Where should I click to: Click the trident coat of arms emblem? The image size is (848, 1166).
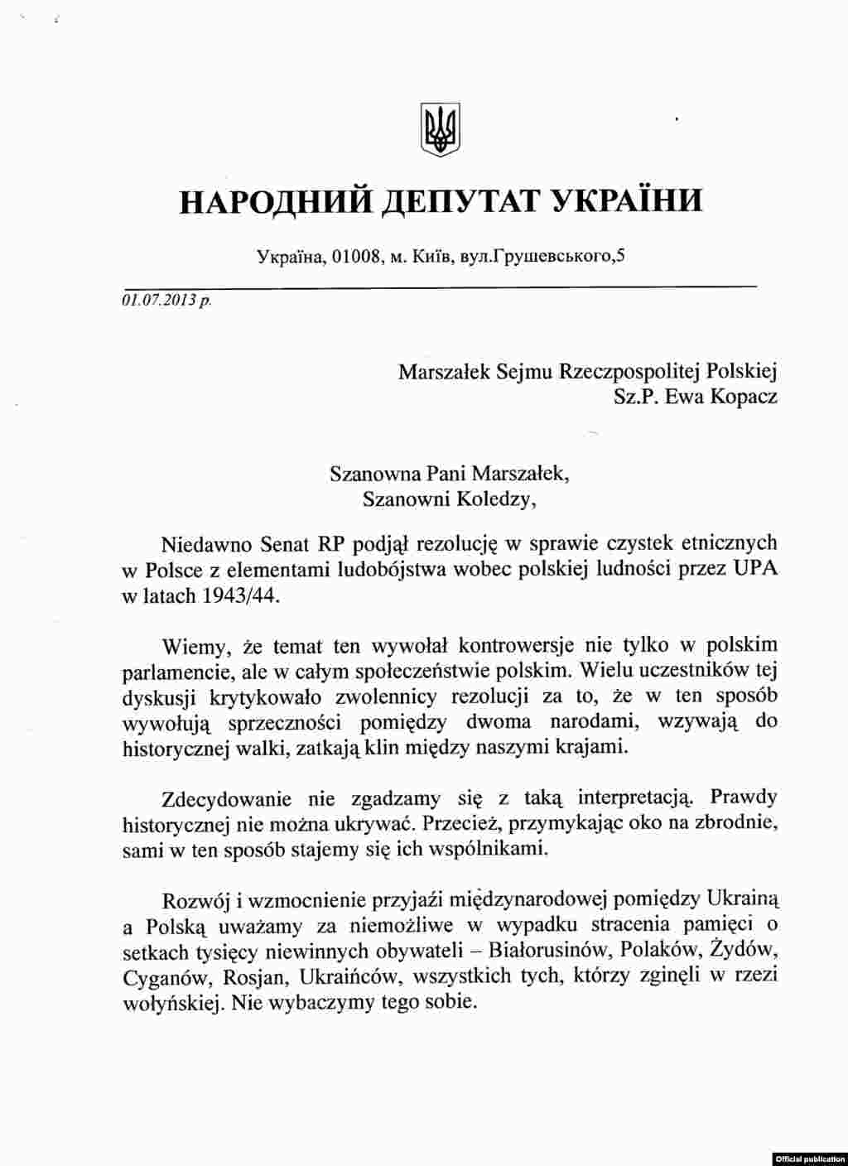coord(441,129)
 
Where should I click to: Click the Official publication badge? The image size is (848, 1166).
coord(811,1158)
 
